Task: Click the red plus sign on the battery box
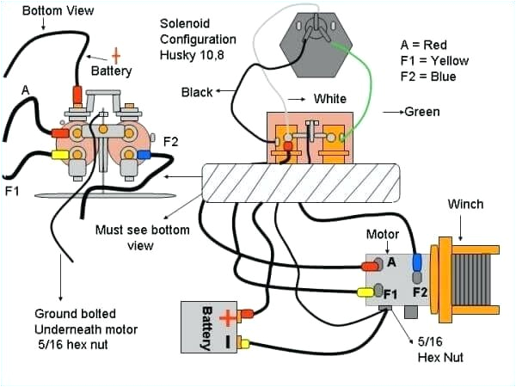pos(226,318)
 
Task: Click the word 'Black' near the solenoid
pos(199,92)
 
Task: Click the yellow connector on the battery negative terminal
pos(245,344)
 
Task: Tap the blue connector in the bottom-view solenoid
pos(144,156)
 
